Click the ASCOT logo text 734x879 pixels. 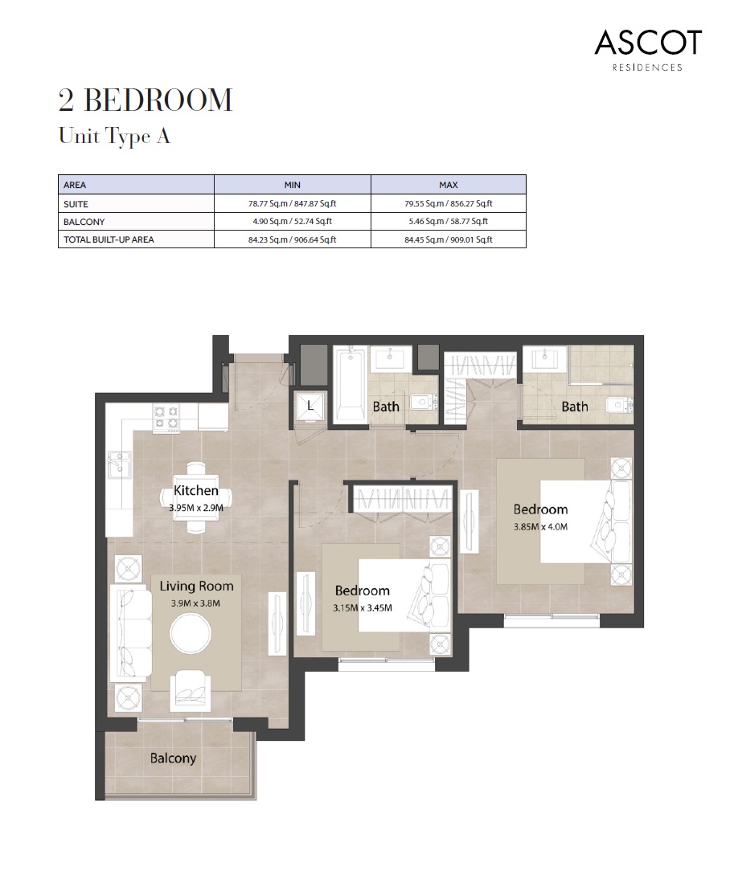648,42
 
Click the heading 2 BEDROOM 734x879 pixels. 145,101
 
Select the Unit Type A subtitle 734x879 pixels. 114,137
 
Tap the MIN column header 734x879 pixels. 292,184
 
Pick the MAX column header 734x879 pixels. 448,184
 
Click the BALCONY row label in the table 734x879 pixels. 84,222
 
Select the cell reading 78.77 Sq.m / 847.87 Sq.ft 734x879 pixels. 292,204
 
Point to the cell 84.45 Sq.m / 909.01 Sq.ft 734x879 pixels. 448,239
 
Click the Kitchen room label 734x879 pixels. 195,490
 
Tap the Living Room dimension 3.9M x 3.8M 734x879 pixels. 195,603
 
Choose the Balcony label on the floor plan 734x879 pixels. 173,758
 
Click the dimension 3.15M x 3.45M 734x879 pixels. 362,607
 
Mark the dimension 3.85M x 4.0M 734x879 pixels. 540,527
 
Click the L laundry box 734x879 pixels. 310,407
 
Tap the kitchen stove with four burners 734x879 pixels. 166,415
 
